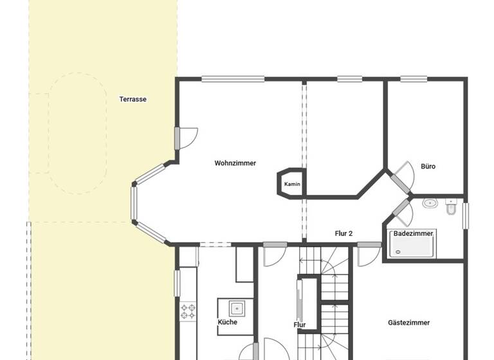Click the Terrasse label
[133, 99]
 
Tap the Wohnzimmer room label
[235, 163]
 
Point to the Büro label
[428, 166]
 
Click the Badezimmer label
[413, 233]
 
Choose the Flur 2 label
[343, 233]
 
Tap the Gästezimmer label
[408, 323]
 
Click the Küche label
[227, 322]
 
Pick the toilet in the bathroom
[451, 208]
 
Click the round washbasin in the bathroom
[430, 204]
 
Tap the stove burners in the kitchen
[188, 312]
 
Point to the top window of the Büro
[413, 79]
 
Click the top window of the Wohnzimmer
[232, 79]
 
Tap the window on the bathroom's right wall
[465, 215]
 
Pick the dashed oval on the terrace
[78, 132]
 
